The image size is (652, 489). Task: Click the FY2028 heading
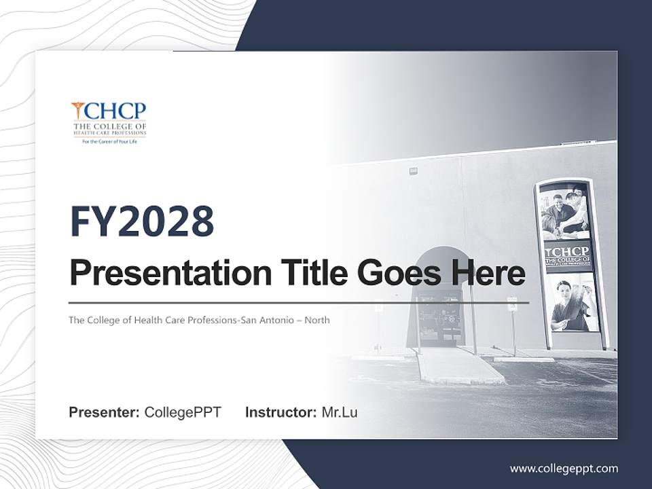coord(142,222)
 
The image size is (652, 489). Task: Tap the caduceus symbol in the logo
coord(78,111)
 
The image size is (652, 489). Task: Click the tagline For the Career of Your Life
coord(109,141)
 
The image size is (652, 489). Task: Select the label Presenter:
coord(104,412)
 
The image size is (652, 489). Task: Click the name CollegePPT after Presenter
coord(183,412)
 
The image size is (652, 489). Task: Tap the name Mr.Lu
coord(340,412)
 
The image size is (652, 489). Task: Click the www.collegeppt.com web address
coord(564,469)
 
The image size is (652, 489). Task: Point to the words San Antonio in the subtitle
coord(272,320)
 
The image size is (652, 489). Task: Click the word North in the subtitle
coord(317,320)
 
